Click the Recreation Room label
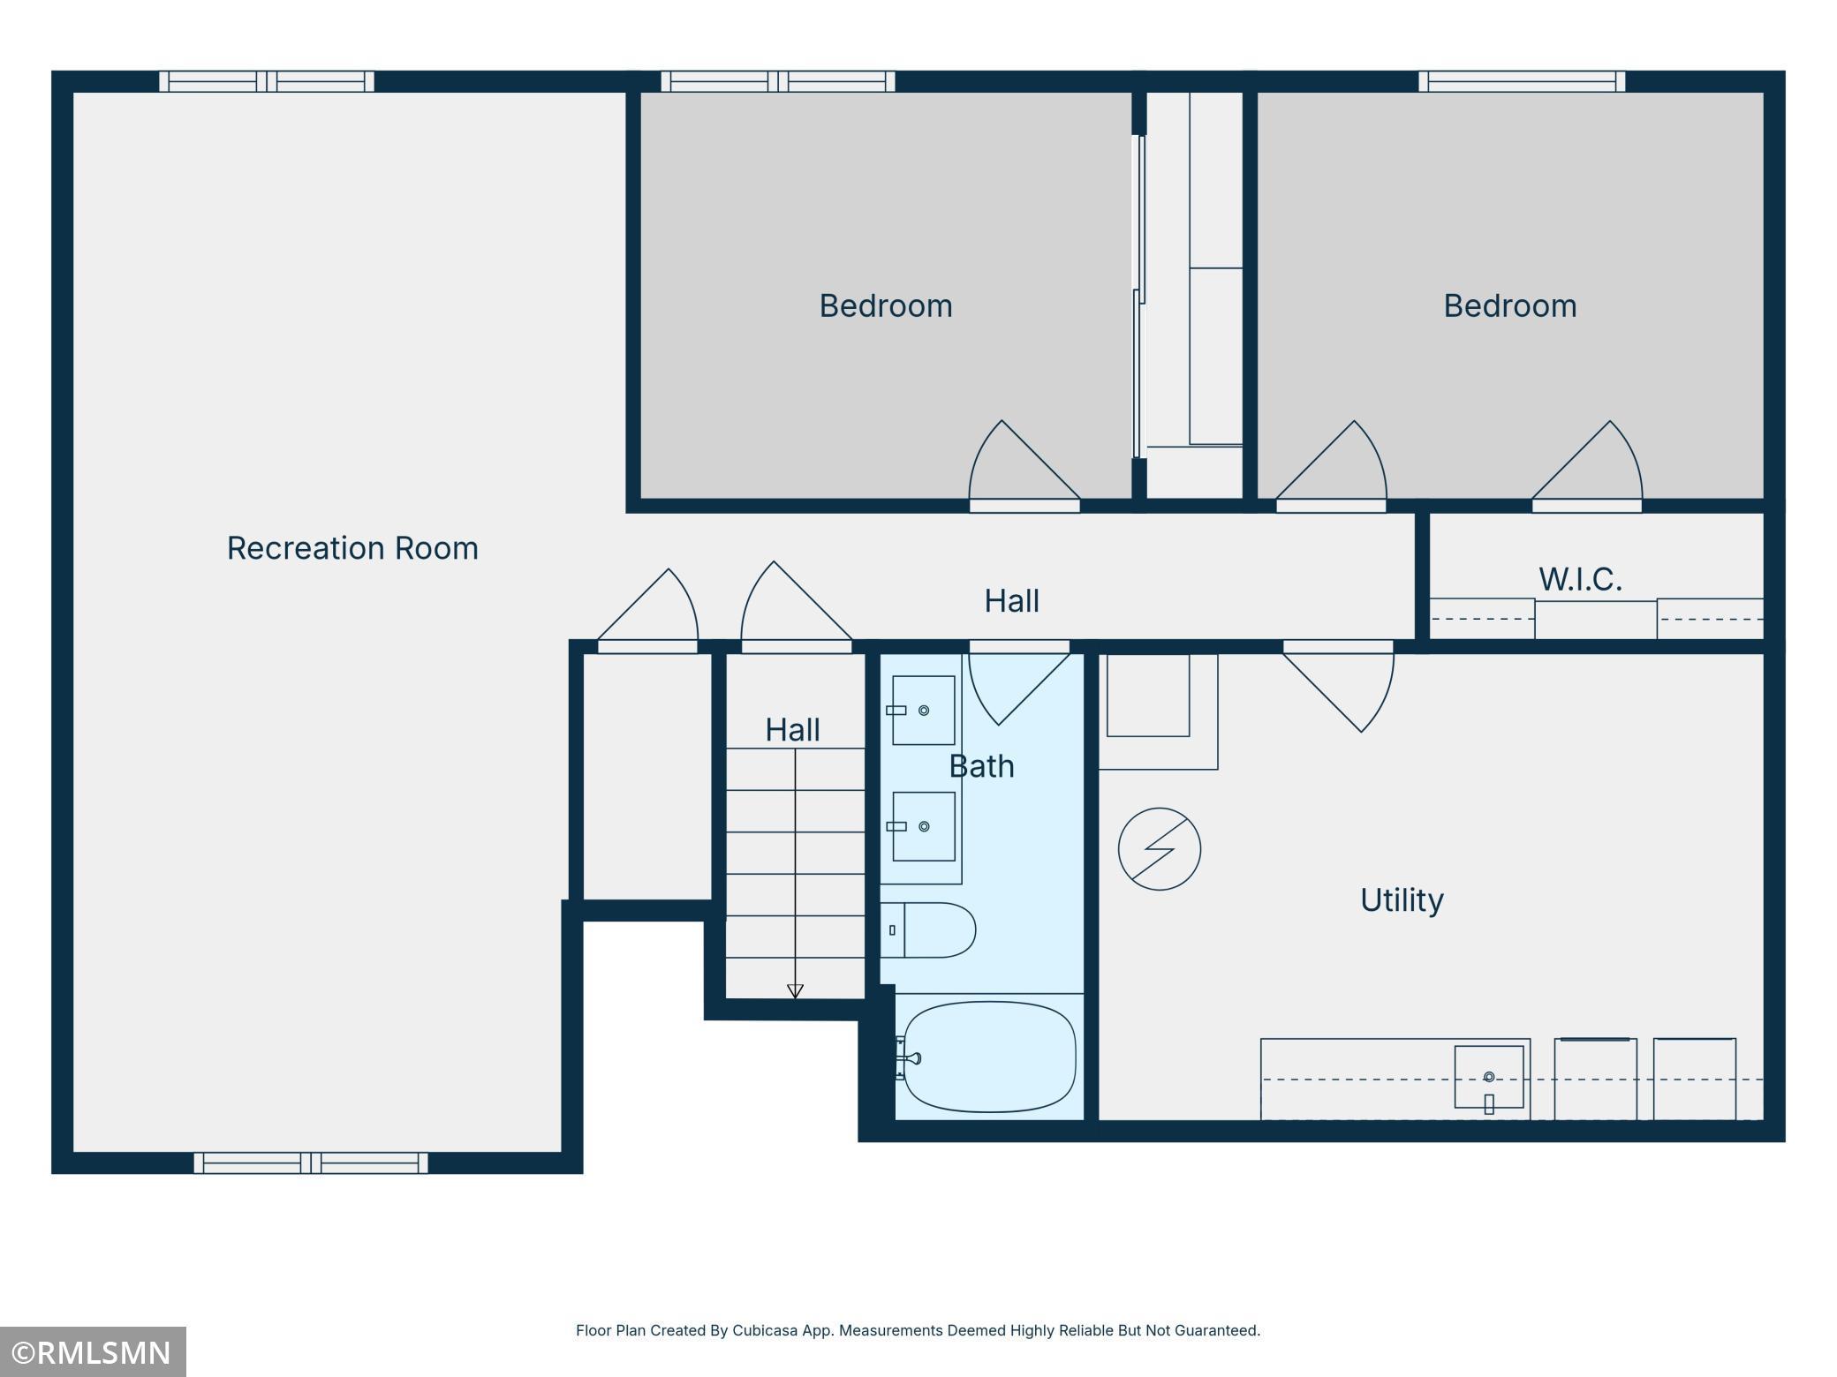pyautogui.click(x=352, y=548)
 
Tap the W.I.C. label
pyautogui.click(x=1580, y=579)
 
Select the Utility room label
pyautogui.click(x=1402, y=900)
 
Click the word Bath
pyautogui.click(x=981, y=766)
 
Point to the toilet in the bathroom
pyautogui.click(x=927, y=929)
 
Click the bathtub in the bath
pyautogui.click(x=989, y=1057)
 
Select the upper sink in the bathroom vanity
pyautogui.click(x=923, y=711)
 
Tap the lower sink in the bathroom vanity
pyautogui.click(x=923, y=826)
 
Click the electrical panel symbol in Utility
pyautogui.click(x=1160, y=849)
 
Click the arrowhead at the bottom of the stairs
pyautogui.click(x=795, y=991)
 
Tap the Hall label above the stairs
pyautogui.click(x=792, y=730)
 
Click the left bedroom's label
pyautogui.click(x=886, y=306)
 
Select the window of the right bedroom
pyautogui.click(x=1522, y=81)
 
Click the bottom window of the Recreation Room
pyautogui.click(x=311, y=1163)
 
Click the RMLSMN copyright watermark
pyautogui.click(x=93, y=1351)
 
